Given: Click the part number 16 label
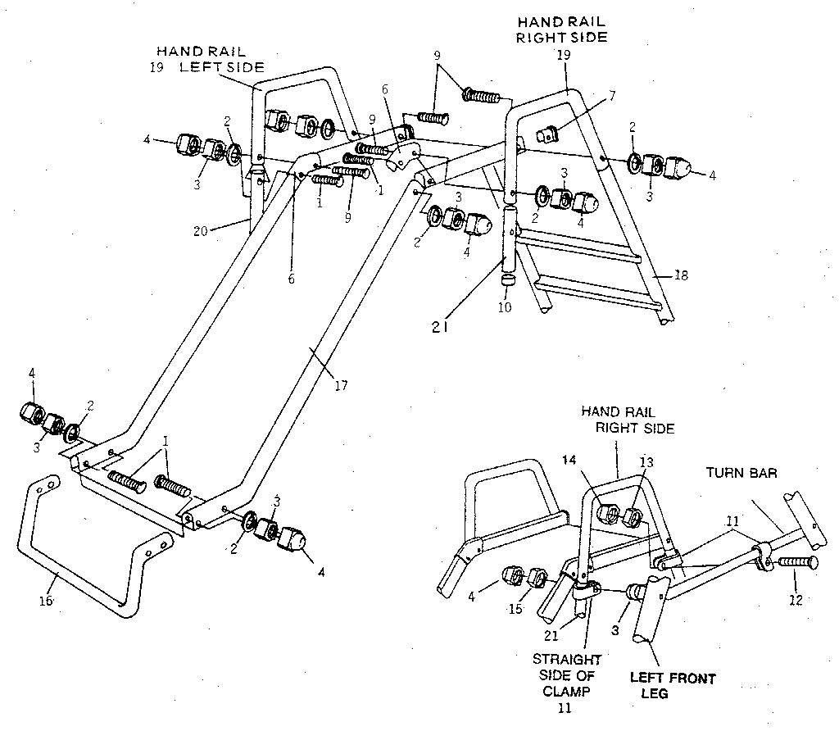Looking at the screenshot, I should pyautogui.click(x=46, y=601).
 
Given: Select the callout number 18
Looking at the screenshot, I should pyautogui.click(x=680, y=276).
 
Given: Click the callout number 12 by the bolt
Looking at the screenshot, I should pyautogui.click(x=795, y=599).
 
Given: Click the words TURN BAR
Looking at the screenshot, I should pyautogui.click(x=742, y=473).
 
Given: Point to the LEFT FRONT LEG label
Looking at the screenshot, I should pyautogui.click(x=672, y=686).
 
